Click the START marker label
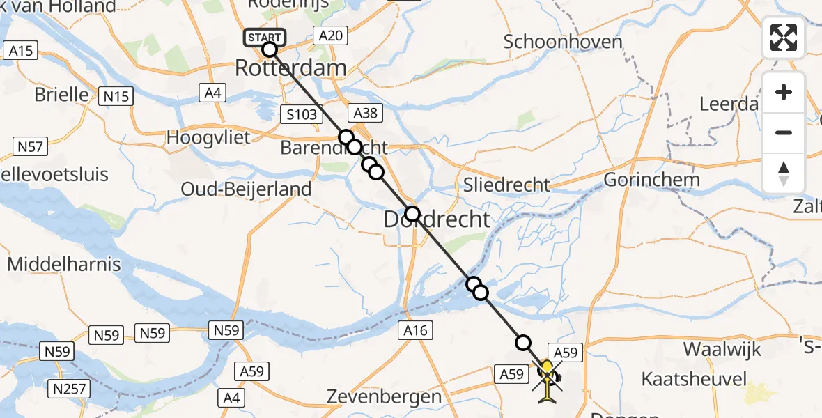pyautogui.click(x=265, y=37)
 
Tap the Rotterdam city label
pyautogui.click(x=290, y=68)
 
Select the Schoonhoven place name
pyautogui.click(x=562, y=42)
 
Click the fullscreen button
pyautogui.click(x=784, y=37)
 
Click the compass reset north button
pyautogui.click(x=784, y=173)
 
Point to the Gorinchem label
pyautogui.click(x=651, y=180)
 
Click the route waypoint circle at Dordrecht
pyautogui.click(x=412, y=213)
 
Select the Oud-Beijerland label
pyautogui.click(x=245, y=189)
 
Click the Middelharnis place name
pyautogui.click(x=64, y=265)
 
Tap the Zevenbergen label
pyautogui.click(x=385, y=397)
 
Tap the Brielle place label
pyautogui.click(x=61, y=94)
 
